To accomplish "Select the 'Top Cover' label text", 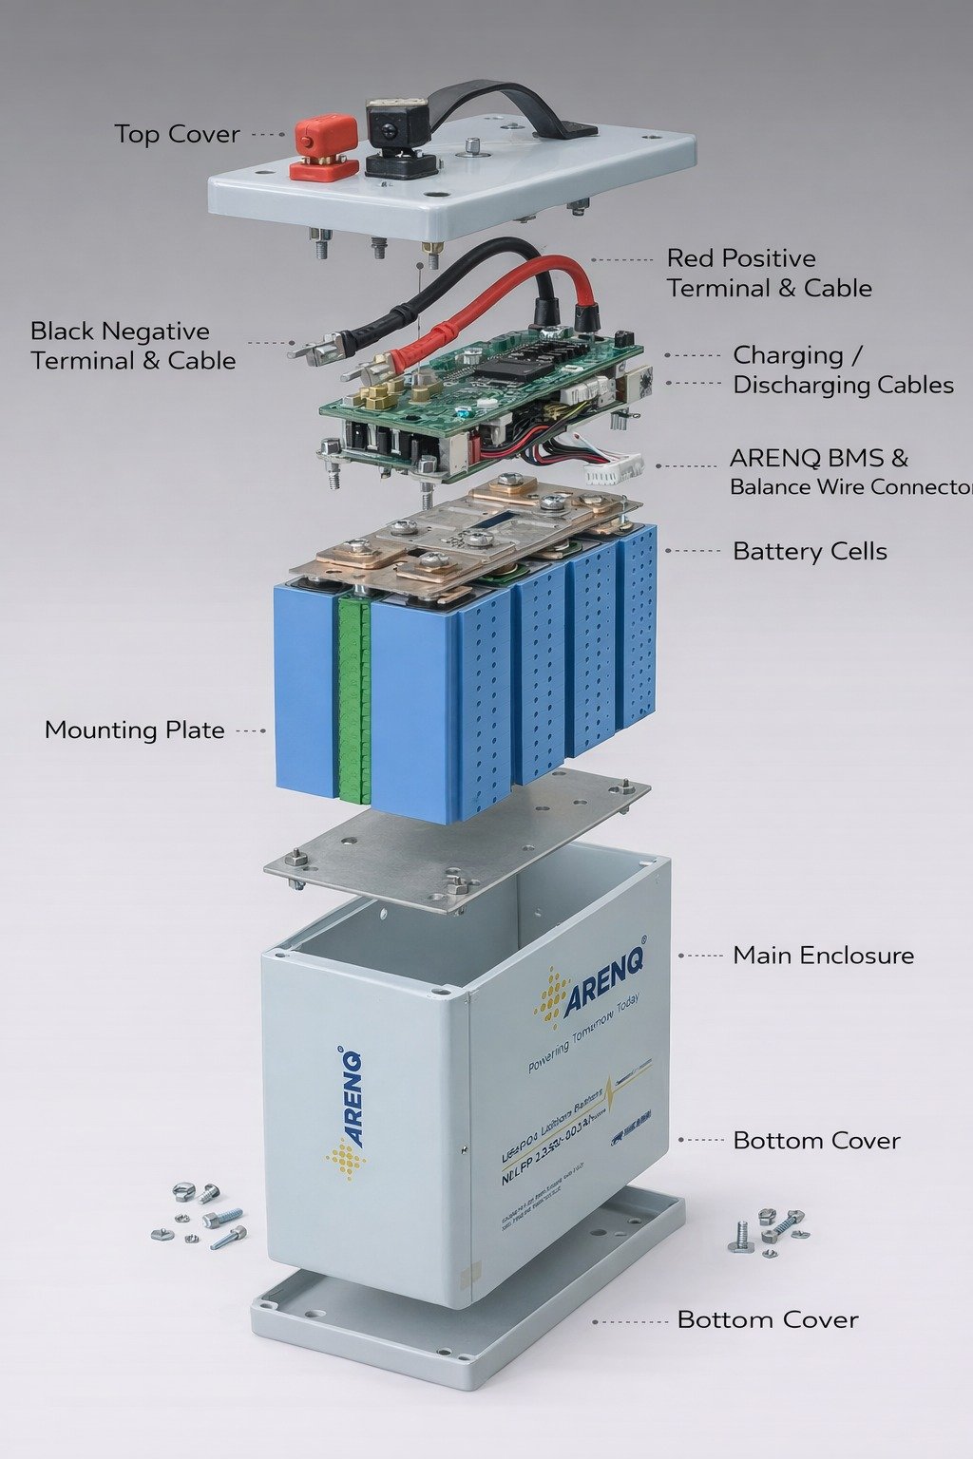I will tap(177, 134).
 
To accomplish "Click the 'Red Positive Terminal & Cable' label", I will tap(768, 273).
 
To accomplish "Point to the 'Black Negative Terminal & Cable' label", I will tap(132, 346).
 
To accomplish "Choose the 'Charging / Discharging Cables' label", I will tap(842, 369).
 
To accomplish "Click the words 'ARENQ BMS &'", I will tap(818, 458).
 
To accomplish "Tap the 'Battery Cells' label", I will tap(810, 551).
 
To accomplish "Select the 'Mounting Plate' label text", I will tap(134, 729).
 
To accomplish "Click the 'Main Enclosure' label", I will tap(823, 955).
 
